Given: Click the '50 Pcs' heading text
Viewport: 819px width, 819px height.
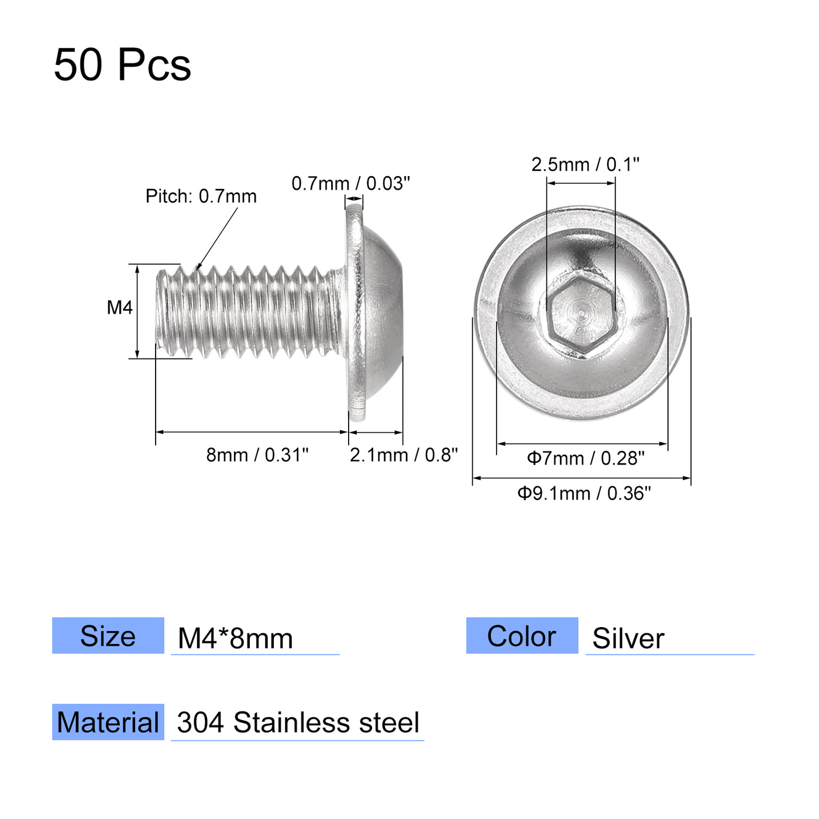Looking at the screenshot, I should (122, 64).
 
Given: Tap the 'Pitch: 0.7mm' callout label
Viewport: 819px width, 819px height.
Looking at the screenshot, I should (201, 197).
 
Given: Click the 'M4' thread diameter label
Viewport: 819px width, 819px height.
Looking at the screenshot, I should (119, 308).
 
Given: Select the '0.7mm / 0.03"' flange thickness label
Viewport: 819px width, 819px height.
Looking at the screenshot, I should (350, 184).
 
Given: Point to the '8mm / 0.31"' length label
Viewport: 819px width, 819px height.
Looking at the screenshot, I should (257, 455).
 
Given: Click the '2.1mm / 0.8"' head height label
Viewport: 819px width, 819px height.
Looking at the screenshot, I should (404, 455).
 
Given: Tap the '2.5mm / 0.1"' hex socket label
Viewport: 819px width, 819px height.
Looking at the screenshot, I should (585, 165).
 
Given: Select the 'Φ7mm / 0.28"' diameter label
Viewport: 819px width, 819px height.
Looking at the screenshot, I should (585, 458).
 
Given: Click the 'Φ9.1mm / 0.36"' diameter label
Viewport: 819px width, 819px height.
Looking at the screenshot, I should (583, 494).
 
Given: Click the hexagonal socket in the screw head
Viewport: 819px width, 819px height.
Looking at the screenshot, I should (580, 316).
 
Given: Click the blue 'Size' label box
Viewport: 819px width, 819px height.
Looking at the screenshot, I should (108, 636).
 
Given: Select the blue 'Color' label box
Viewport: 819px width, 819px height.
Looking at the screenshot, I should (522, 636).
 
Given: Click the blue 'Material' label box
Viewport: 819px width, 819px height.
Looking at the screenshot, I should (108, 722).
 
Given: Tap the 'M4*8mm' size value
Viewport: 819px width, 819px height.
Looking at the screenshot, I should (235, 638).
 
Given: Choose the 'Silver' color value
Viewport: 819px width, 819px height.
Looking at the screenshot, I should (628, 638).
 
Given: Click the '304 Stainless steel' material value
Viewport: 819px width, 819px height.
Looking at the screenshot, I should (298, 723).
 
